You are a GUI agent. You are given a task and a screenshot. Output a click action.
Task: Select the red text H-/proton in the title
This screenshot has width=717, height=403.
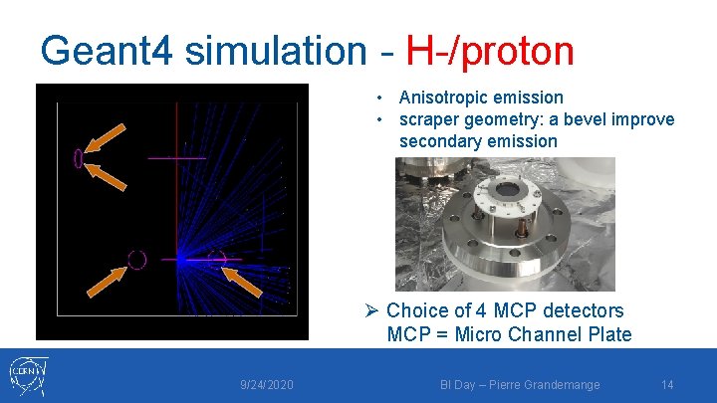click(x=490, y=51)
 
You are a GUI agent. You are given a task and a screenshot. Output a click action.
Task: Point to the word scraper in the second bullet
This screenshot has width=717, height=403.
click(x=430, y=119)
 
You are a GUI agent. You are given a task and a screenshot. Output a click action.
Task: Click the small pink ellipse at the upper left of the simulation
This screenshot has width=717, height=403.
click(x=78, y=158)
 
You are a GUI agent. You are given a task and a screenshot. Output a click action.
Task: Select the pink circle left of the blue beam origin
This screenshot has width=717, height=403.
click(x=137, y=260)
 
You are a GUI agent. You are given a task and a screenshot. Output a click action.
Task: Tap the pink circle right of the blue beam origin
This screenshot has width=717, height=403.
click(x=218, y=259)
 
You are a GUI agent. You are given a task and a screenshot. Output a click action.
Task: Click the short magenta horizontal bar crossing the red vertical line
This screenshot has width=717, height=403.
click(x=176, y=158)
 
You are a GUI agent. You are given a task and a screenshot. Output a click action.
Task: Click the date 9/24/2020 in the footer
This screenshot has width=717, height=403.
click(x=266, y=384)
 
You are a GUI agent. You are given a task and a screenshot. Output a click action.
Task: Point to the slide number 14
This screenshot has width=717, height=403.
click(x=667, y=384)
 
